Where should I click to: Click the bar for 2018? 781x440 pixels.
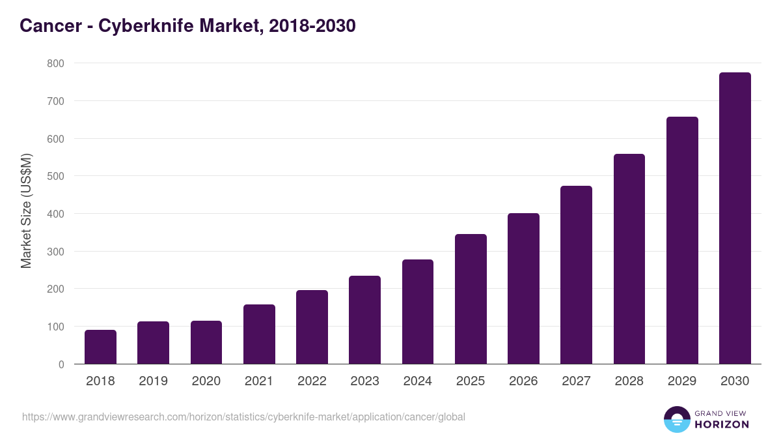coord(100,347)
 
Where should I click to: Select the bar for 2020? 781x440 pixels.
coord(206,342)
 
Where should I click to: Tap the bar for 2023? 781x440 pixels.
coord(364,320)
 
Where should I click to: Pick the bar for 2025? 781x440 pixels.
coord(471,299)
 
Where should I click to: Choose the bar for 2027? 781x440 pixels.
coord(576,275)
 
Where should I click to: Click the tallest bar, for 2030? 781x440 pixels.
coord(735,218)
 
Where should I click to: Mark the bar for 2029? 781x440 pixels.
coord(682,241)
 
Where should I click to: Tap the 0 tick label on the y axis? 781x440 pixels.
coord(61,364)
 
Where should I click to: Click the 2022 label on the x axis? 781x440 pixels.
coord(312,381)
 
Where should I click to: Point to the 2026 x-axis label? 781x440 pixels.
coord(523,381)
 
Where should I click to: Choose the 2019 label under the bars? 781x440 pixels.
coord(153,381)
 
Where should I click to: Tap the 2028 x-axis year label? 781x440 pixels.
coord(629,381)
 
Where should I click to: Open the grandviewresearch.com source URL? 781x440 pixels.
coord(243,417)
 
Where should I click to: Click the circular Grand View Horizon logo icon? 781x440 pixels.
coord(676,419)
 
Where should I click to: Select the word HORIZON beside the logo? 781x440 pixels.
coord(722,424)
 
